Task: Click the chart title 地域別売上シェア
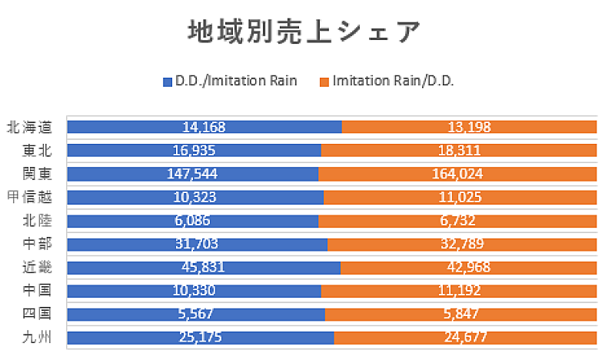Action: tap(304, 33)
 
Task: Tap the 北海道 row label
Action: tap(28, 127)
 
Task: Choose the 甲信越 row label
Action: tap(28, 197)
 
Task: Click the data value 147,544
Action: tap(193, 174)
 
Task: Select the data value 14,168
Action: tap(204, 127)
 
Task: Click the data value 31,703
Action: tap(197, 244)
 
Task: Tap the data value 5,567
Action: tap(195, 314)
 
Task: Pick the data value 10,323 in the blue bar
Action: tap(195, 197)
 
